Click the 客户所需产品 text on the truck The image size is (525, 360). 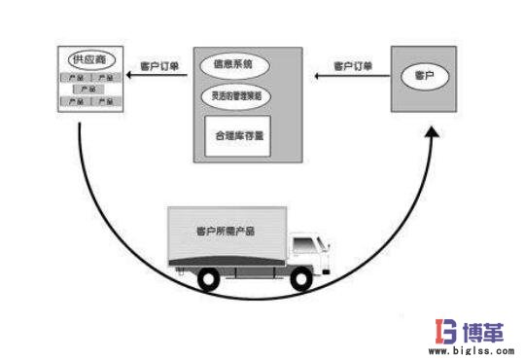pos(212,232)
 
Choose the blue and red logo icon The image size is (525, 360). pos(428,330)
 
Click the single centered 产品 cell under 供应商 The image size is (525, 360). pos(87,89)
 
